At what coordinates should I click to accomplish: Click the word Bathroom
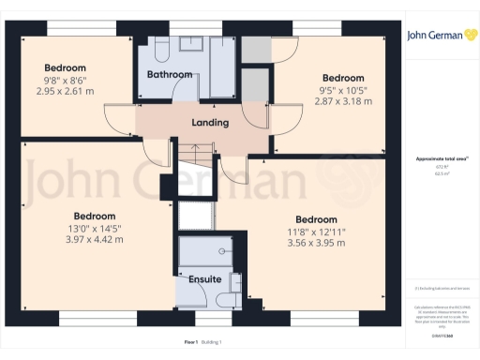coord(169,74)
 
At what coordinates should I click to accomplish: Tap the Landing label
coord(211,123)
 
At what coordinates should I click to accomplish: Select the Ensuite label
coord(204,279)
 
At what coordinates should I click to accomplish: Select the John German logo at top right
coord(436,36)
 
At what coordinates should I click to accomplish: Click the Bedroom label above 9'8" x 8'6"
coord(66,67)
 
